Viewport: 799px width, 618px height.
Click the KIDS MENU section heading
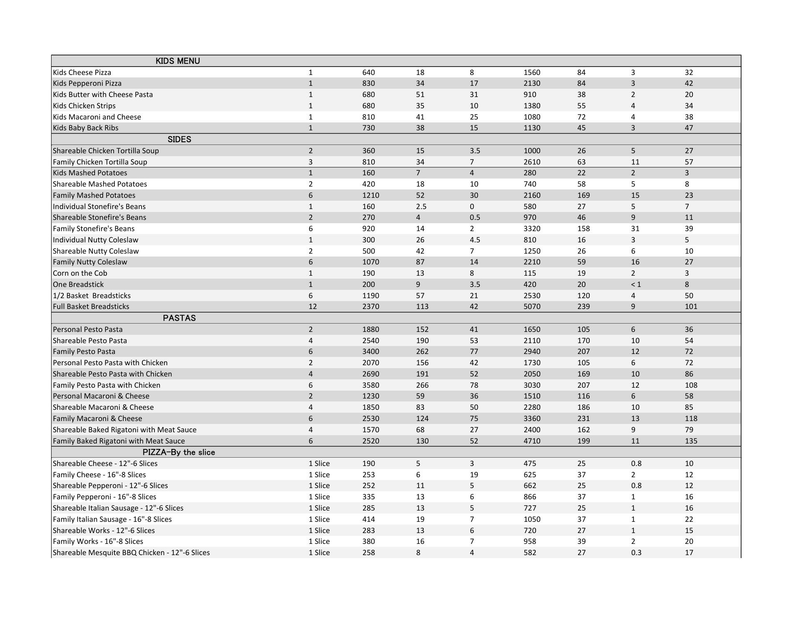[178, 61]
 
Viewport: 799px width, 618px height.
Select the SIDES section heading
[179, 139]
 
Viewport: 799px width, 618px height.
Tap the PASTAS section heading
[179, 318]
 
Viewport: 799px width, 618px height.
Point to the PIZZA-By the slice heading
[179, 452]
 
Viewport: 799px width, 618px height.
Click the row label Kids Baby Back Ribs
[86, 128]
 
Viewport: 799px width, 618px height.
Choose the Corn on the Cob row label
[80, 273]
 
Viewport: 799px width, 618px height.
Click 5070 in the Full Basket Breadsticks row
[532, 307]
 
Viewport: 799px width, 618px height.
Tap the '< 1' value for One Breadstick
[635, 284]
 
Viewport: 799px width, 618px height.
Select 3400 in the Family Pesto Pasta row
[370, 351]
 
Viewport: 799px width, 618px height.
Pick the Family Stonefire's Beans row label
[94, 229]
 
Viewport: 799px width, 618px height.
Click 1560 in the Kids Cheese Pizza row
[532, 72]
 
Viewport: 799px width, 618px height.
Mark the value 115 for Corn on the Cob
[530, 273]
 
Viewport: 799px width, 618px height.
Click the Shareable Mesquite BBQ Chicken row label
[131, 553]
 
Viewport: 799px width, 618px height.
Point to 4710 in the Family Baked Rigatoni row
[532, 441]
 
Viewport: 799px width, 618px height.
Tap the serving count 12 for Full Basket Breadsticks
[313, 307]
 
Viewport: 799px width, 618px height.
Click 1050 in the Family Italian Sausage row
[532, 519]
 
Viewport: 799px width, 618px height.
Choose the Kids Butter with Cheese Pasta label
[103, 95]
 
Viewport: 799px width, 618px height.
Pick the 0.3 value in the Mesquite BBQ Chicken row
[636, 553]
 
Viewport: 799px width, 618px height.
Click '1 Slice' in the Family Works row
[319, 541]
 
